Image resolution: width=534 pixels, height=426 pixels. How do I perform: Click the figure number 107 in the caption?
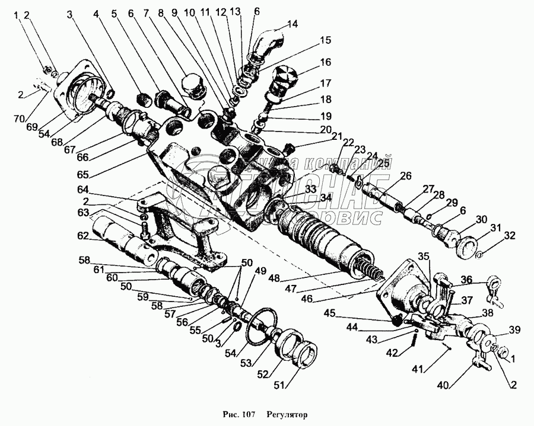pyautogui.click(x=248, y=414)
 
